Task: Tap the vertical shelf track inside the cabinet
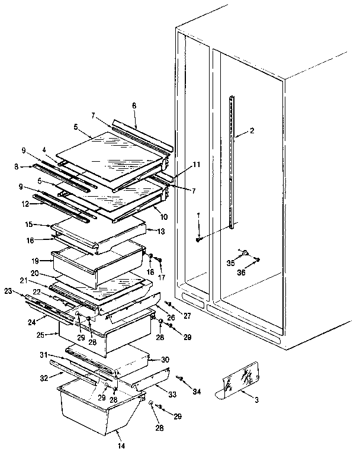click(232, 160)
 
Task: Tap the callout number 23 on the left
click(8, 290)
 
